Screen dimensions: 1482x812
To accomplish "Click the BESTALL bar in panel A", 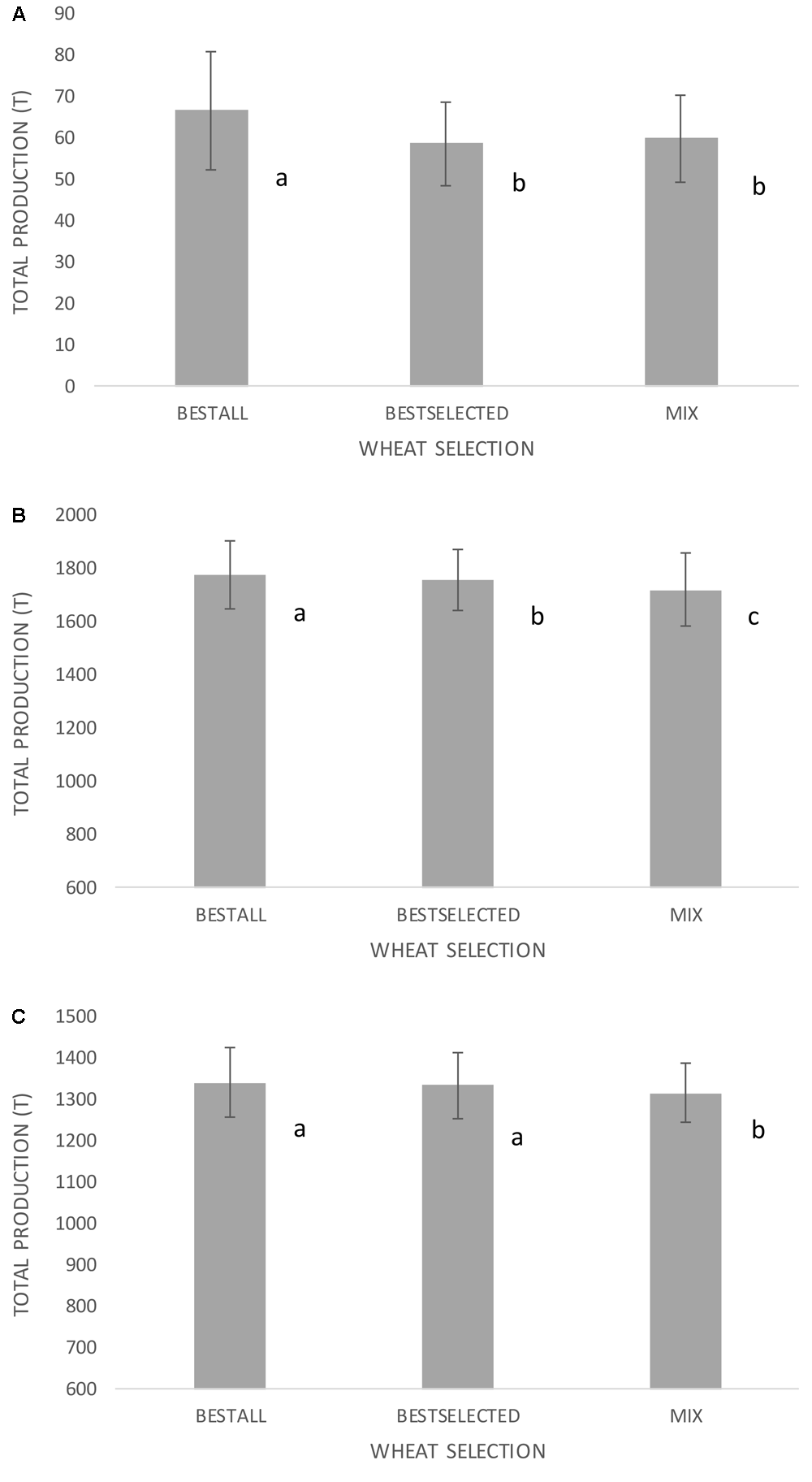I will [211, 248].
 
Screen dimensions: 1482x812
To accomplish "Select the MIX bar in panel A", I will [681, 262].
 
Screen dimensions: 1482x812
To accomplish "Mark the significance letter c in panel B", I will [754, 617].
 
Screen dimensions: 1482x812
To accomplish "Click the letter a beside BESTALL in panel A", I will [282, 179].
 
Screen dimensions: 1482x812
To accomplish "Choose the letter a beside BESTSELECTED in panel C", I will [516, 1138].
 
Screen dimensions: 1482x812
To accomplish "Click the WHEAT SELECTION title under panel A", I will [447, 448].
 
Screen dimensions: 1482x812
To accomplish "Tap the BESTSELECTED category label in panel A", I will [447, 414].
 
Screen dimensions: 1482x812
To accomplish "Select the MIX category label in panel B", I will [685, 915].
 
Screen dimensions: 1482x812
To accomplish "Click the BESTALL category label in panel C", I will [231, 1416].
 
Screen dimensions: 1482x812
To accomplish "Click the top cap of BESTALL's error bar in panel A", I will [211, 52].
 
